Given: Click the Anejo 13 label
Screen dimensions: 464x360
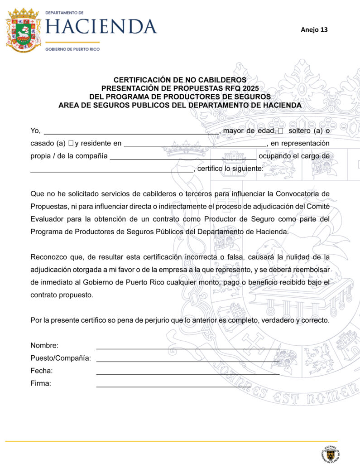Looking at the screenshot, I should [x=314, y=30].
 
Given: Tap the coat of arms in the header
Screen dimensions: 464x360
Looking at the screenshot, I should [x=23, y=30].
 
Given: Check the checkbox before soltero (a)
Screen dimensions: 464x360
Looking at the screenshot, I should [x=280, y=131].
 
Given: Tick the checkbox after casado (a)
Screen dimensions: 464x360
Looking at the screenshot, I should [x=71, y=144].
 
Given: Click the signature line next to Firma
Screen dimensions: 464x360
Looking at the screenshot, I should [x=173, y=387].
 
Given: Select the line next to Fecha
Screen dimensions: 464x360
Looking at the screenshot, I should [x=187, y=374].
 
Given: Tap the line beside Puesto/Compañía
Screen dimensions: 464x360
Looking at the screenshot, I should [x=187, y=361].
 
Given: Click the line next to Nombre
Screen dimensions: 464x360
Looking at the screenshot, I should [x=187, y=348].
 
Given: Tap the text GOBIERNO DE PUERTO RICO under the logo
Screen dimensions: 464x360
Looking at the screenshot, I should [x=72, y=49].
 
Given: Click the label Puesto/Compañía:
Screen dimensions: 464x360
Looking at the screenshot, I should [x=61, y=358].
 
